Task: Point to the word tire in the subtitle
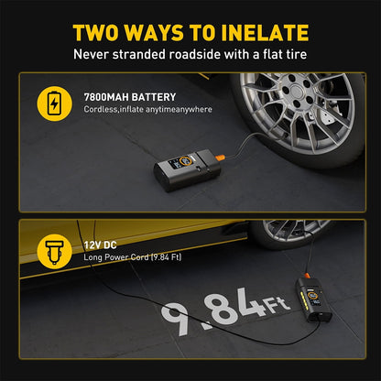click(294, 56)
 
